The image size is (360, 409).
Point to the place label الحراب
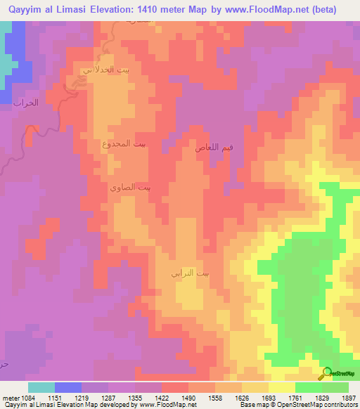coord(24,103)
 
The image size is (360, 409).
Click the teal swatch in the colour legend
coord(41,387)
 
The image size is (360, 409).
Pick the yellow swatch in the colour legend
coord(282,387)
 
